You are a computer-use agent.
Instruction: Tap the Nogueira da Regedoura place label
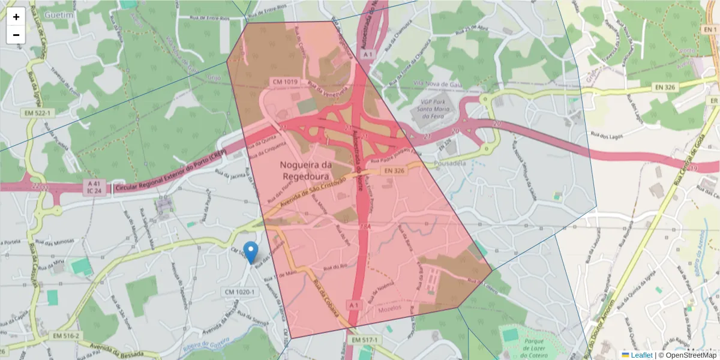tap(305, 170)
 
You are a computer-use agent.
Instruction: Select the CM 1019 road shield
tap(285, 82)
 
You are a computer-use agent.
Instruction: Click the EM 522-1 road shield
tap(37, 113)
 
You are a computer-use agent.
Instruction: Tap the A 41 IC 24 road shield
tap(93, 187)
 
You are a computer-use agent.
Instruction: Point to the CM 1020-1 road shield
tap(240, 292)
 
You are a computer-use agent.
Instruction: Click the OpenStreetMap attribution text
tap(688, 355)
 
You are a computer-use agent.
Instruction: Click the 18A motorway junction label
tap(364, 227)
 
